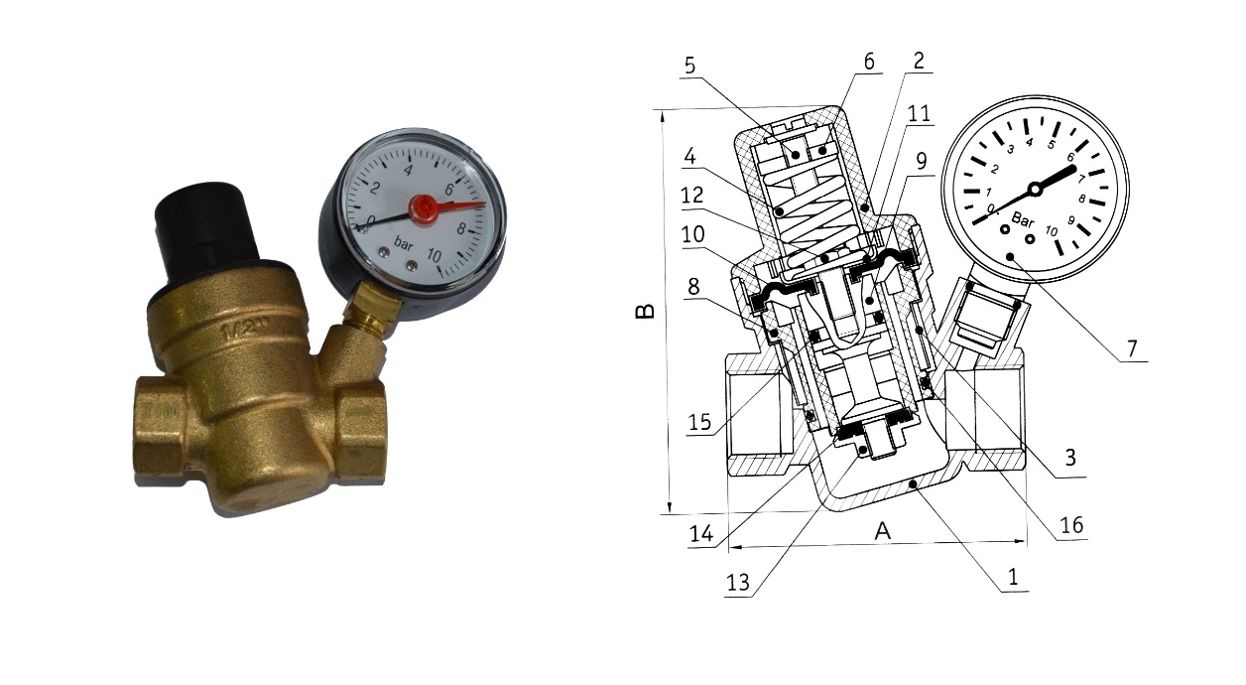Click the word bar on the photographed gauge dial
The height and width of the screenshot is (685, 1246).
(404, 243)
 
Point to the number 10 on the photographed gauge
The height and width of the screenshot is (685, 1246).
(434, 255)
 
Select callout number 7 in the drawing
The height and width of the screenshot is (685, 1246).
(1133, 348)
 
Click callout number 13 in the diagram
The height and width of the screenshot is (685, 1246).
(738, 583)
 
